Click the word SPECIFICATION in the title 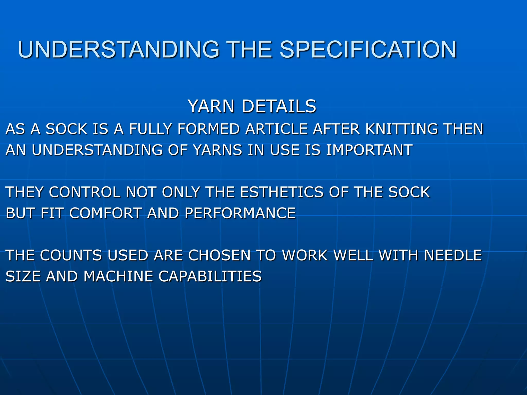pos(368,49)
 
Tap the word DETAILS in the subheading pos(279,106)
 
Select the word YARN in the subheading pos(211,106)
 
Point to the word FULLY pos(150,129)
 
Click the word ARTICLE pos(276,129)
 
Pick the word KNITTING pos(402,129)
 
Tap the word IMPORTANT pos(369,150)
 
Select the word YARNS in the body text pos(217,150)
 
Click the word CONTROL pos(85,192)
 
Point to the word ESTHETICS pos(282,192)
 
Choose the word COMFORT pos(106,213)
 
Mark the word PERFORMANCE pos(240,213)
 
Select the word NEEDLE pos(453,255)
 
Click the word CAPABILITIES pos(210,276)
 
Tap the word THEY pos(24,192)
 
